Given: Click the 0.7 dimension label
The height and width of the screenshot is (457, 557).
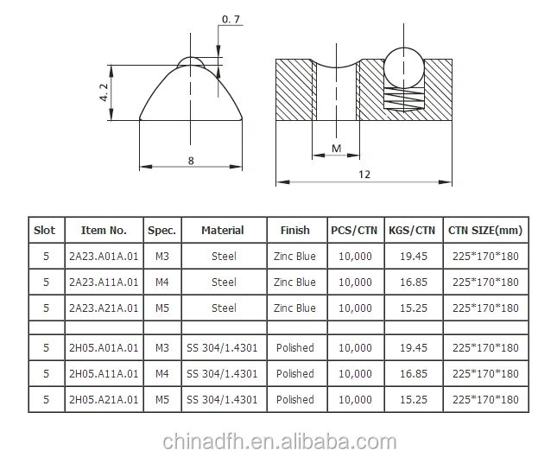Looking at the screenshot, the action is pyautogui.click(x=231, y=19).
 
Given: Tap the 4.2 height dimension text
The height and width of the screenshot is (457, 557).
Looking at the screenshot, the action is pyautogui.click(x=104, y=92).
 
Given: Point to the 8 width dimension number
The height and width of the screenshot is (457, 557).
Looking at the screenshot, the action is pyautogui.click(x=191, y=161).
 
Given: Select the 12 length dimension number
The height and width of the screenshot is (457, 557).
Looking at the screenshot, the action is pyautogui.click(x=364, y=175).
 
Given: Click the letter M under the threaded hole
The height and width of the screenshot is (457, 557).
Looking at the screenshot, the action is pyautogui.click(x=337, y=149).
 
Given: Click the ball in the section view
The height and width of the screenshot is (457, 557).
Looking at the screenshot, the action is pyautogui.click(x=404, y=67).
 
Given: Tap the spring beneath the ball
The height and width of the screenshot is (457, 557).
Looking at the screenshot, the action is pyautogui.click(x=404, y=98).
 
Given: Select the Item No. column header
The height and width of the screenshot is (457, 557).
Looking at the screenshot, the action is pyautogui.click(x=104, y=231).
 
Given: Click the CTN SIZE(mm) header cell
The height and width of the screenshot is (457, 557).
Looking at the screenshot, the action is pyautogui.click(x=485, y=231).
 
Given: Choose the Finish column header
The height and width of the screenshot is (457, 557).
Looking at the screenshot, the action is pyautogui.click(x=294, y=231).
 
